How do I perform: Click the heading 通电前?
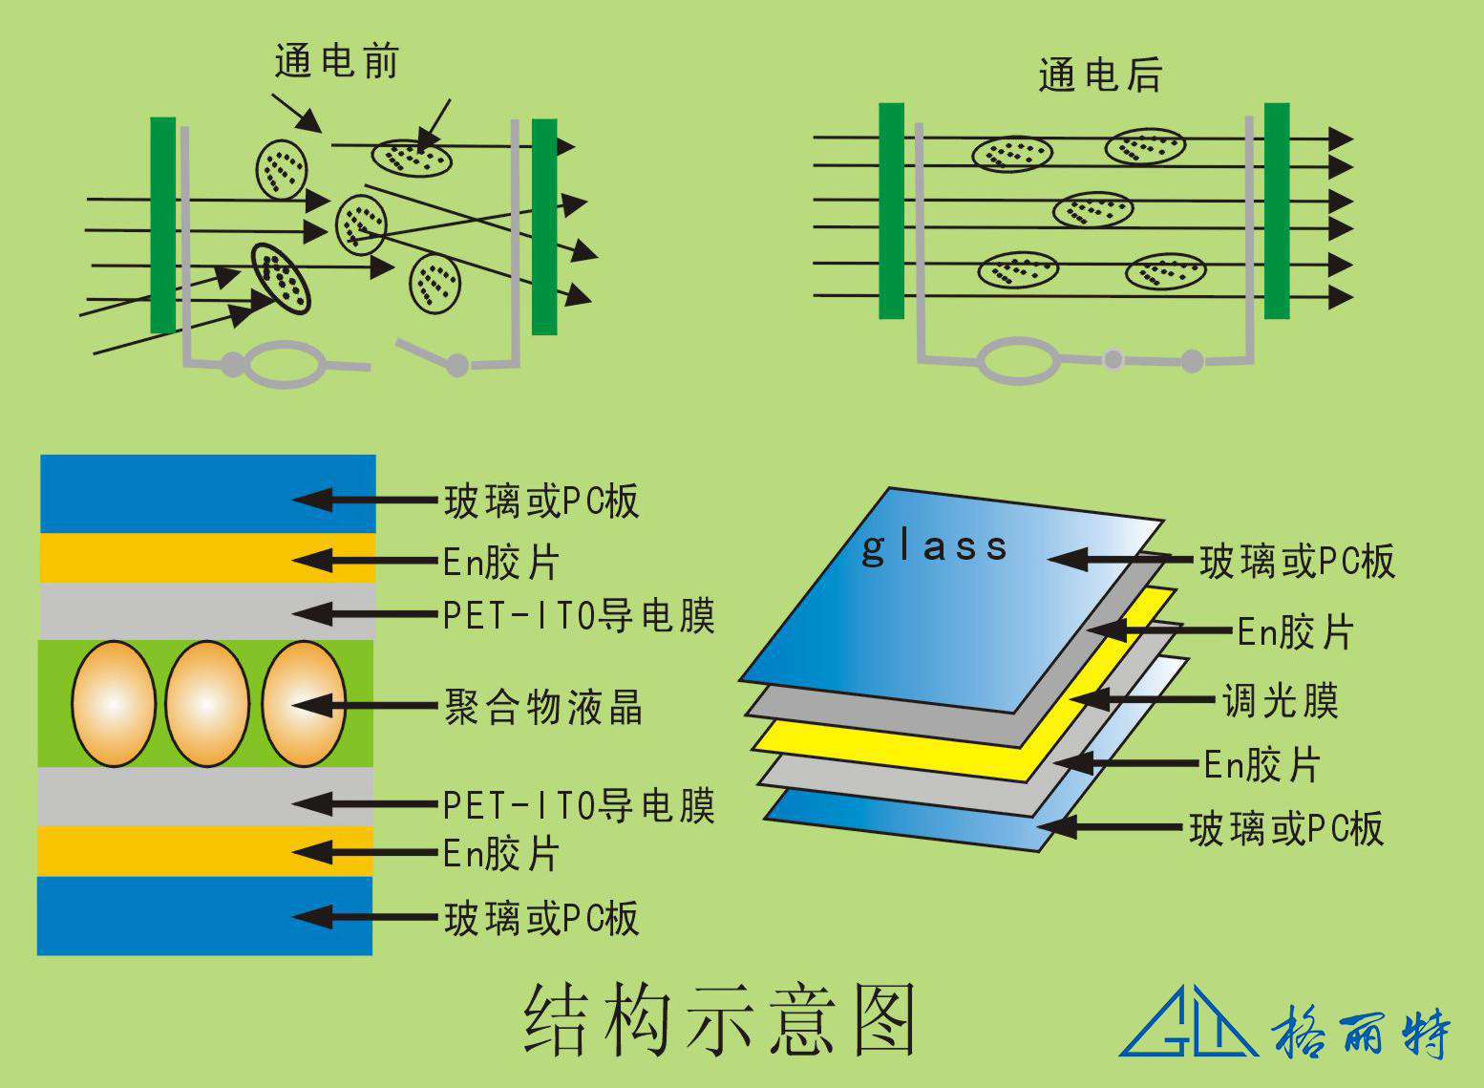pos(335,62)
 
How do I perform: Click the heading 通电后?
pos(1099,75)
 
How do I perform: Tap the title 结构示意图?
pos(720,1020)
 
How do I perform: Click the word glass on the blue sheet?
pos(934,547)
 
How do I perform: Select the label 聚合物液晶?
pos(542,708)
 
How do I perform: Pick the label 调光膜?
pos(1280,701)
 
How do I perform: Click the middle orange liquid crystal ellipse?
pos(207,704)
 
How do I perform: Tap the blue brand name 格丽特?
pos(1360,1031)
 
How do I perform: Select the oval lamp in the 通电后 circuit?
pos(1018,360)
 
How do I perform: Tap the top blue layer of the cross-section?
pos(206,493)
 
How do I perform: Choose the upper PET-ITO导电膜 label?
pos(579,616)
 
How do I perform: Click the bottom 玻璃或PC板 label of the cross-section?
pos(541,919)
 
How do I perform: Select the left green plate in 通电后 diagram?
pos(891,210)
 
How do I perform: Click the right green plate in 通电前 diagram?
pos(544,226)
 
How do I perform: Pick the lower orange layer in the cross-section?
pos(204,851)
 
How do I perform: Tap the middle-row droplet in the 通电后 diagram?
pos(1092,209)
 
